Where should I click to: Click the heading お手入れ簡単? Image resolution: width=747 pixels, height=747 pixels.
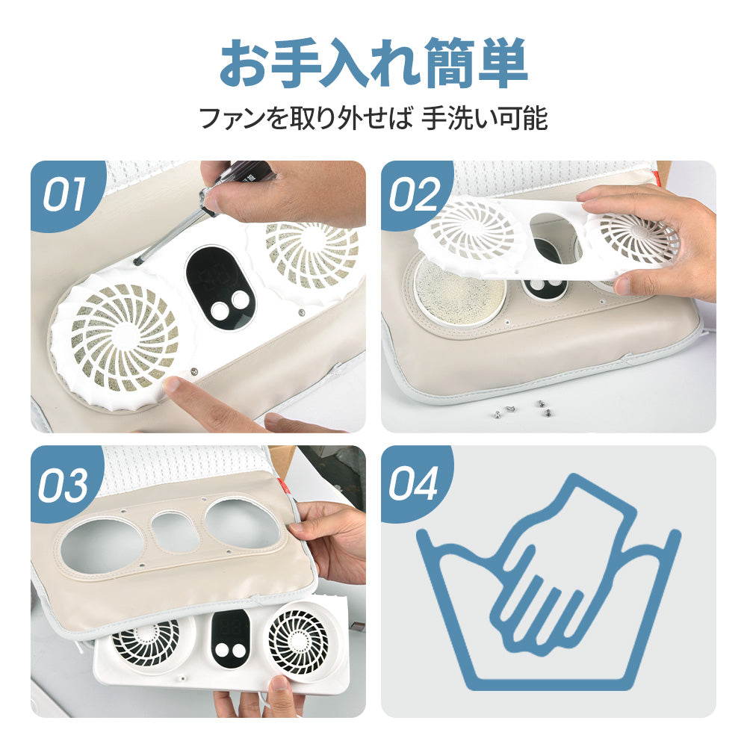click(x=373, y=66)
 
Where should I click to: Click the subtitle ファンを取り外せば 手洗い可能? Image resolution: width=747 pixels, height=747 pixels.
click(x=373, y=119)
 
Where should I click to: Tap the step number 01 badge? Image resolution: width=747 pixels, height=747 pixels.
click(x=63, y=195)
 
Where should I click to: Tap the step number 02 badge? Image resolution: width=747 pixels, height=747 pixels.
click(x=415, y=195)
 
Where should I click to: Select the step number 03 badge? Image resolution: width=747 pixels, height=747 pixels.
click(x=63, y=483)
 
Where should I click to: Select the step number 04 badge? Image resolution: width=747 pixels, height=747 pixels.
click(x=415, y=483)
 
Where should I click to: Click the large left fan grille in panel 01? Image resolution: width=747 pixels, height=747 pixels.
click(x=124, y=341)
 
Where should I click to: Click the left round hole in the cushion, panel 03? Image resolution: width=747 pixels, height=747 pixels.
click(x=102, y=543)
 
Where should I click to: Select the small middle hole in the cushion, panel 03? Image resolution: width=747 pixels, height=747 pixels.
click(x=175, y=531)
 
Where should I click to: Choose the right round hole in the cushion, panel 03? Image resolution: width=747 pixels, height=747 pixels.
click(x=241, y=522)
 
